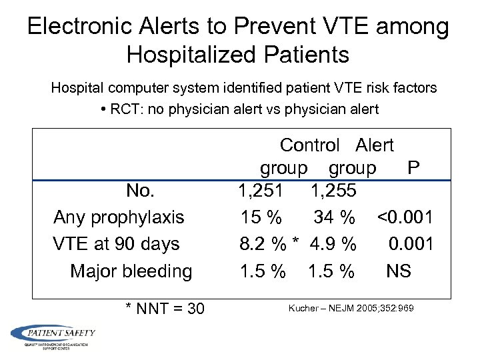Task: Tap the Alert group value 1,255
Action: coord(333,191)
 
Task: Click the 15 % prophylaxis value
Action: coord(261,217)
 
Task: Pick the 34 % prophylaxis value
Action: coord(335,217)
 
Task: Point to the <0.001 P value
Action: coord(405,217)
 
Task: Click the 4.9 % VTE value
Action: coord(333,244)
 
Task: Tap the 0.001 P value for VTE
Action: coord(411,244)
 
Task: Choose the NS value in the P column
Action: coord(399,271)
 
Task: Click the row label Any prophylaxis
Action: coord(119,217)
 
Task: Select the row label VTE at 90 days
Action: coord(116,244)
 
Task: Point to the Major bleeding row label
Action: coord(131,271)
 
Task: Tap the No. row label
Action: coord(140,191)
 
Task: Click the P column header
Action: coord(413,167)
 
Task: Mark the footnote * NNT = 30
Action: coord(165,309)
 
